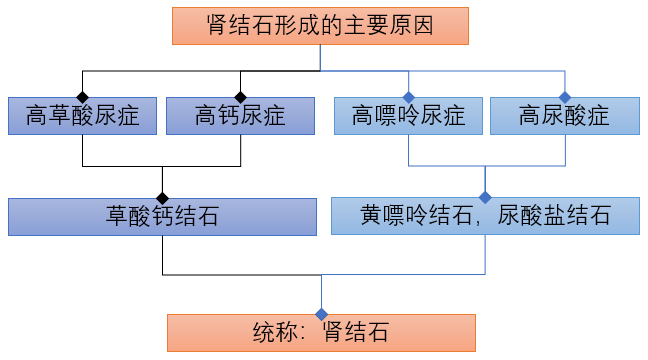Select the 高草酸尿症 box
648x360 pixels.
(x=82, y=116)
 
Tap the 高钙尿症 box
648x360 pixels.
(x=241, y=116)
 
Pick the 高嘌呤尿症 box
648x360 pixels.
(x=409, y=116)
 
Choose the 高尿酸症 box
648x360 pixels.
(x=564, y=116)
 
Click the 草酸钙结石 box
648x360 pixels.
(x=162, y=215)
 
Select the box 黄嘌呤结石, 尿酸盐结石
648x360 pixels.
(x=485, y=215)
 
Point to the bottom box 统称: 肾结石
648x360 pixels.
(x=321, y=332)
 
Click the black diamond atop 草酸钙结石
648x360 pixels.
(x=162, y=196)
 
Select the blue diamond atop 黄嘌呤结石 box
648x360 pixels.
(x=485, y=196)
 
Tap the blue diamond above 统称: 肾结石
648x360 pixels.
(x=321, y=313)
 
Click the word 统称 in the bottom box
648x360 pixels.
(x=274, y=332)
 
